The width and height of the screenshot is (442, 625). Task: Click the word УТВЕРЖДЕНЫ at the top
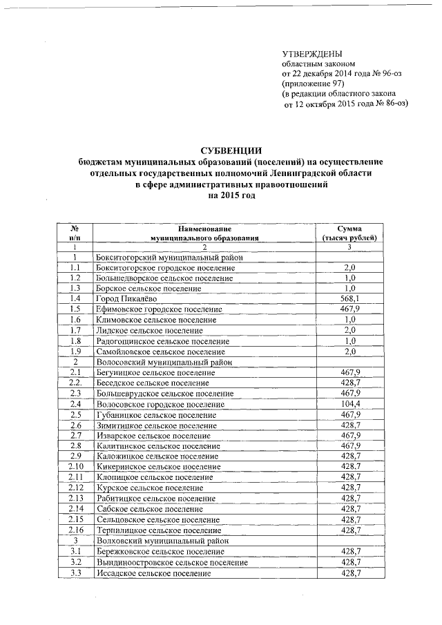[312, 55]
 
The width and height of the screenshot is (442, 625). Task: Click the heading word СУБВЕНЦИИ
[231, 150]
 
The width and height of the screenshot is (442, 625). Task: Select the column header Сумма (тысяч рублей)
[349, 232]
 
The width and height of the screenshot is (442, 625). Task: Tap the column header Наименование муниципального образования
[204, 232]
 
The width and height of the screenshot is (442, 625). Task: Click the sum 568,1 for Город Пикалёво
[349, 298]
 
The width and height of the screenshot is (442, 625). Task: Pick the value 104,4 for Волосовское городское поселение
[349, 404]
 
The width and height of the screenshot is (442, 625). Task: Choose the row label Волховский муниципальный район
[160, 541]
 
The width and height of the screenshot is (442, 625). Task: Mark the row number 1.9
[75, 352]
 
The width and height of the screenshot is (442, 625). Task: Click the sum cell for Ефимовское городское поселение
[349, 309]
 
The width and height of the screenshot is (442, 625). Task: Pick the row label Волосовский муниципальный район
[162, 362]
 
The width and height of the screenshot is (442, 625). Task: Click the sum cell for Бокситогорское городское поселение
[349, 267]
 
